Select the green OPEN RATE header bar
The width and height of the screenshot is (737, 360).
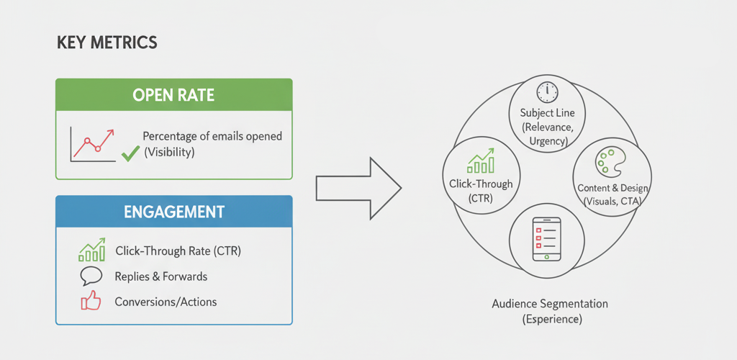click(174, 94)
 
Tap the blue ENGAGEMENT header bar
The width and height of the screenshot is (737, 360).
click(174, 212)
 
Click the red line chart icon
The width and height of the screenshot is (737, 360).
click(91, 143)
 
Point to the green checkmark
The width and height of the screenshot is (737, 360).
click(130, 153)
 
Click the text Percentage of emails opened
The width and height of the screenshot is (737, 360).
click(212, 136)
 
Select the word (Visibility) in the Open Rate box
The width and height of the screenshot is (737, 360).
click(169, 153)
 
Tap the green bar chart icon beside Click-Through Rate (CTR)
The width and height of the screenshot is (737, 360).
click(91, 251)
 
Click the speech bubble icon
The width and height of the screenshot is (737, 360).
click(91, 276)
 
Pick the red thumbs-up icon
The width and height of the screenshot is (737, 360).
click(91, 302)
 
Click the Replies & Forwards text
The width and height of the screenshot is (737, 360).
click(161, 276)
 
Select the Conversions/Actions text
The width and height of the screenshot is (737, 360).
click(166, 302)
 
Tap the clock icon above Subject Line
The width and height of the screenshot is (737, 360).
click(547, 91)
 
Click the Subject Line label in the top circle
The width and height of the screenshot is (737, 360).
click(547, 113)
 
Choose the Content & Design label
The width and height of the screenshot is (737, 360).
click(613, 188)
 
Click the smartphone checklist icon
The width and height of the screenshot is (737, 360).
click(546, 237)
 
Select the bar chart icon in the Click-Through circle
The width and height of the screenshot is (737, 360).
click(480, 162)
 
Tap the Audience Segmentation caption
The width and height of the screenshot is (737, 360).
click(550, 304)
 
